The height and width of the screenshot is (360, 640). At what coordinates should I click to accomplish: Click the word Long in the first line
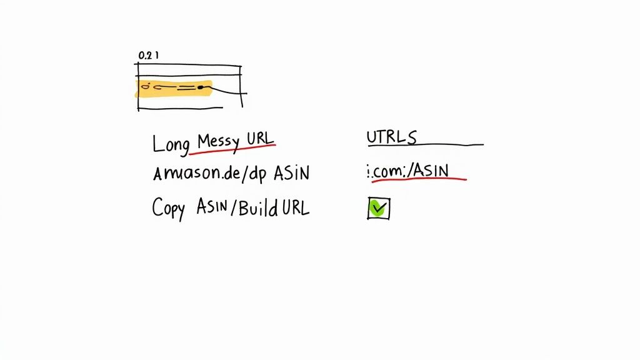(x=171, y=143)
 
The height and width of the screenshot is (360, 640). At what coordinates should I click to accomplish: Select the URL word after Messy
(x=260, y=138)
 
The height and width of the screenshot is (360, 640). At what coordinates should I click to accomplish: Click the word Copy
(x=169, y=208)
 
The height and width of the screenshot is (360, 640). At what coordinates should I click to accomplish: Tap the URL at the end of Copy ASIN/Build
(x=294, y=207)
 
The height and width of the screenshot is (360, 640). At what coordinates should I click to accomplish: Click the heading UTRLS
(x=392, y=137)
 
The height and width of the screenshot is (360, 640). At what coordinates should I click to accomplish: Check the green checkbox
(x=378, y=209)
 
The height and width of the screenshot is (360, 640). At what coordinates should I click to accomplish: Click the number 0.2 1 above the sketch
(x=148, y=55)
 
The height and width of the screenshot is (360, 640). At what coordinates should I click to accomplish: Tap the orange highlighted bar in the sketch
(x=174, y=89)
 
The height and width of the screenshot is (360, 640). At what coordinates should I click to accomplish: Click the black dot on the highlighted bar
(x=201, y=88)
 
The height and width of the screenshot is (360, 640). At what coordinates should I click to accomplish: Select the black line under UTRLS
(x=425, y=146)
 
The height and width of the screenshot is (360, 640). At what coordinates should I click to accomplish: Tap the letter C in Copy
(x=156, y=207)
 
